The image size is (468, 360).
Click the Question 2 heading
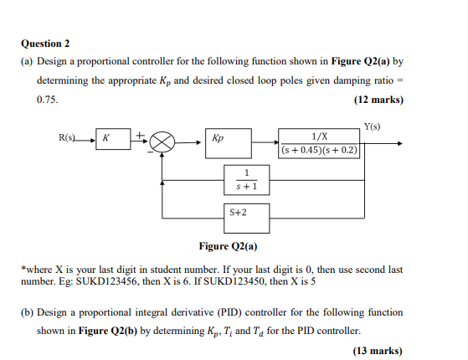45,44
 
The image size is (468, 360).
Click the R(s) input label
67,137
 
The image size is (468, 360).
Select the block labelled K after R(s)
113,139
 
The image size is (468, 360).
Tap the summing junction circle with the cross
162,142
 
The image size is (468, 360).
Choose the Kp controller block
229,143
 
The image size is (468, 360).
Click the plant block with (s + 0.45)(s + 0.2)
319,143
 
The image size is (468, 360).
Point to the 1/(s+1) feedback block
246,180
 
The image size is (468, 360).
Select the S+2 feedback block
246,219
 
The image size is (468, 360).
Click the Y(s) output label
373,126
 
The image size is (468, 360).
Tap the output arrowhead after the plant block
400,144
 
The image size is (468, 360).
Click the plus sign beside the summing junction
140,136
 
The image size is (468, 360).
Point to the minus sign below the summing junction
151,152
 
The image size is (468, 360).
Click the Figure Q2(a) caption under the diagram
228,246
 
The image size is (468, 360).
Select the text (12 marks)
378,100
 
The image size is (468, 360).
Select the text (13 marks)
378,351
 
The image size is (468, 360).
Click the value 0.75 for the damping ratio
47,100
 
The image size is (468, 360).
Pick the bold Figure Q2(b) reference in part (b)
107,331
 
